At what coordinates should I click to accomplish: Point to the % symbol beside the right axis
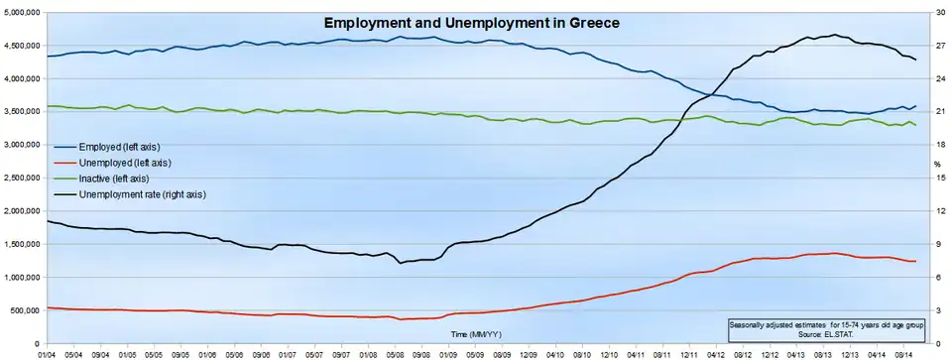(x=937, y=164)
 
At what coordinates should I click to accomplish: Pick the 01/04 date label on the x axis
(x=47, y=353)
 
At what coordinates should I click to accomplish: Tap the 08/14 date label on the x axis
(x=902, y=353)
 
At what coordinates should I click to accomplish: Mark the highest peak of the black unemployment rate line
(x=834, y=35)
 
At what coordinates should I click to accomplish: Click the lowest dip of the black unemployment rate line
(x=400, y=263)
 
